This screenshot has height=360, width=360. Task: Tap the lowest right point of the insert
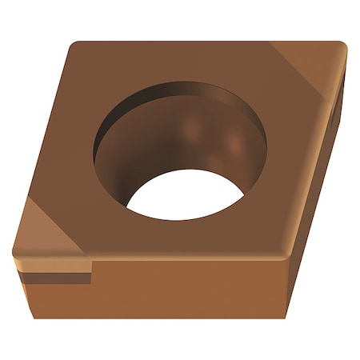(285, 318)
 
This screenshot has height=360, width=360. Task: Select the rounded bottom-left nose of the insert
(16, 254)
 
